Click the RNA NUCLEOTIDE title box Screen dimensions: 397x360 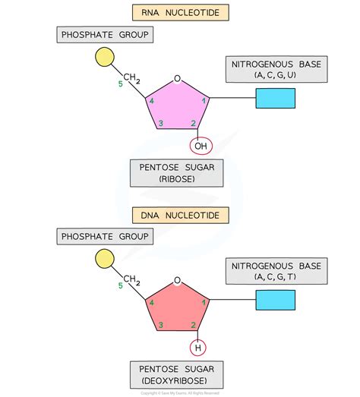[x=179, y=12]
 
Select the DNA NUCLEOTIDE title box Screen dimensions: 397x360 [x=179, y=216]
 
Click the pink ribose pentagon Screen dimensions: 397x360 [x=176, y=107]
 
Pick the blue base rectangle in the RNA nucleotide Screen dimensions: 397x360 [x=275, y=99]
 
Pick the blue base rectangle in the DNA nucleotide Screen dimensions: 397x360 [x=275, y=301]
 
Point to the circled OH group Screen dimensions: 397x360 [x=201, y=146]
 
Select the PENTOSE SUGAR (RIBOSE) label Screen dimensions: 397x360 [x=176, y=172]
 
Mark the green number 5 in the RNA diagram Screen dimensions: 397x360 [x=119, y=83]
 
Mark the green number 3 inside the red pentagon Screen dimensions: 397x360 [x=160, y=326]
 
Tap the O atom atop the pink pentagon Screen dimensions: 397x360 [x=177, y=78]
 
